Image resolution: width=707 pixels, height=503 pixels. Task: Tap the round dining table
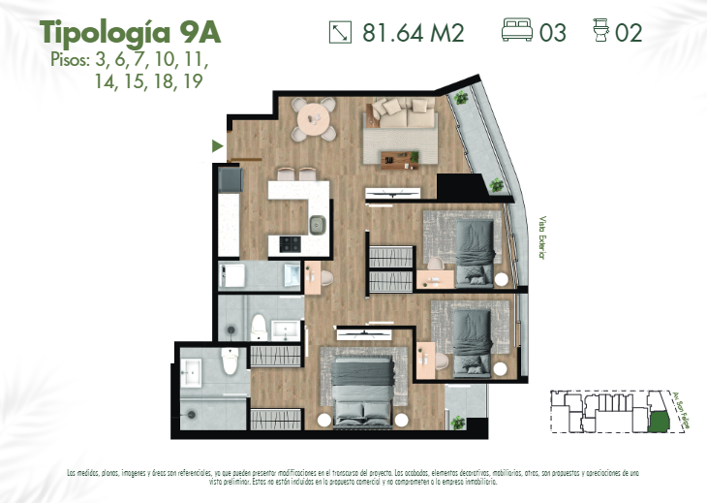click(x=315, y=121)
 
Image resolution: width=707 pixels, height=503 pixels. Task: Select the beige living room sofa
click(x=398, y=116)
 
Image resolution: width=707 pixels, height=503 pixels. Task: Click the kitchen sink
click(x=318, y=226)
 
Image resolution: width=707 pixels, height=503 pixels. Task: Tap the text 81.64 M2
click(x=413, y=33)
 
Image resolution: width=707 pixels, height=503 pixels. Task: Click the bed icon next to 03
click(x=517, y=32)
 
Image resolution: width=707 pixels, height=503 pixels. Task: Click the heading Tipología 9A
click(x=130, y=32)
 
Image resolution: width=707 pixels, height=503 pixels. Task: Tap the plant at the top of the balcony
click(x=461, y=97)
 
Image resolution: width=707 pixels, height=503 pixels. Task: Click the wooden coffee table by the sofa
click(x=398, y=157)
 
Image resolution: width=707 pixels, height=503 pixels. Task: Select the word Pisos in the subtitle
click(x=68, y=60)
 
